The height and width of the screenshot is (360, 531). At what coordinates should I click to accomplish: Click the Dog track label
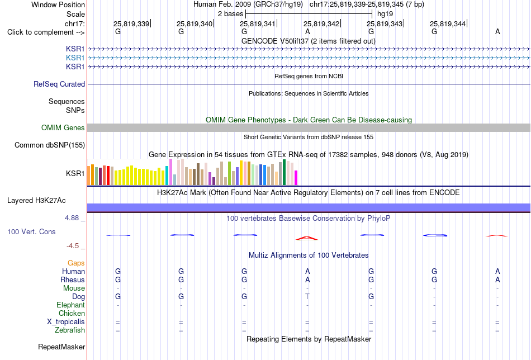tap(78, 297)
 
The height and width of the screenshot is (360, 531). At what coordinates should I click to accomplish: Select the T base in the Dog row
tap(307, 296)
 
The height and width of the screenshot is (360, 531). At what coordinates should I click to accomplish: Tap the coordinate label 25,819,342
tap(321, 23)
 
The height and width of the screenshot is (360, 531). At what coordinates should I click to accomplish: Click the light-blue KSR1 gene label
tap(75, 58)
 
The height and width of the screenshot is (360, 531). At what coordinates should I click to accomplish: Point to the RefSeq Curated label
tap(59, 84)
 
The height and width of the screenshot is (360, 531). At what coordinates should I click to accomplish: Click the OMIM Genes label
tap(63, 127)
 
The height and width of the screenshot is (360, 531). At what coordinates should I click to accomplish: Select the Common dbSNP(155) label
tap(50, 145)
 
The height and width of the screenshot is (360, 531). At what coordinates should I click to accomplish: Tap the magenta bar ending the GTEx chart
tap(296, 178)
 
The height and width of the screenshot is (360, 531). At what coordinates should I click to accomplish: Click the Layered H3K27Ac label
tap(36, 201)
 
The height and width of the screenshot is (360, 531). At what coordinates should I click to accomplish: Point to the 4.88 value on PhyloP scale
tap(72, 218)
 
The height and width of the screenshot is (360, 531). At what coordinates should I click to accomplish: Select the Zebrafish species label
tap(70, 330)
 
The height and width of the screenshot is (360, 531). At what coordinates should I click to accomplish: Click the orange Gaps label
tap(76, 263)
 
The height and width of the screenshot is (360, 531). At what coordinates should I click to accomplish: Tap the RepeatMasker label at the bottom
tap(61, 347)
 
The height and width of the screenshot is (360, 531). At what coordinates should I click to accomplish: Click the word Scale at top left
tap(75, 14)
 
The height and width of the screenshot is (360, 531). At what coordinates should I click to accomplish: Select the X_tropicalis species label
tap(66, 322)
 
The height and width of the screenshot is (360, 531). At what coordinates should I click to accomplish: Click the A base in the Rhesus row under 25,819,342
tap(307, 280)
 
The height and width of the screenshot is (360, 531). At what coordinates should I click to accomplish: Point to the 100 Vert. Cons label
tap(31, 231)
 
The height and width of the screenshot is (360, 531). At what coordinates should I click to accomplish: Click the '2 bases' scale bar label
tap(231, 14)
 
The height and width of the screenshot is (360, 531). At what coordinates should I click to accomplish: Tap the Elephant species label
tap(71, 305)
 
